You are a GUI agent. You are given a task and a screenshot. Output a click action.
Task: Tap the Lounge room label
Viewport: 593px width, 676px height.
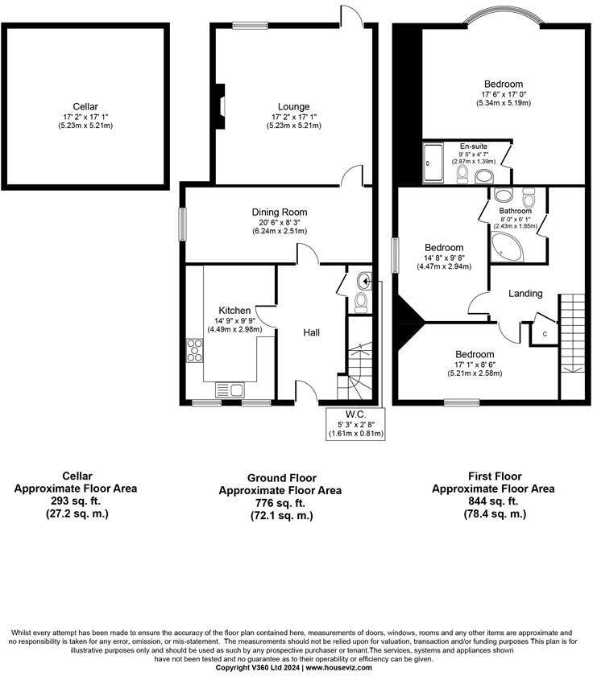pyautogui.click(x=293, y=107)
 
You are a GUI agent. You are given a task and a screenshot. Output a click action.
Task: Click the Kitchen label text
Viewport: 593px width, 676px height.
pyautogui.click(x=234, y=310)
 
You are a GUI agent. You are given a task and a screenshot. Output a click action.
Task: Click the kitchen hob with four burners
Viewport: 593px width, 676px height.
pyautogui.click(x=195, y=350)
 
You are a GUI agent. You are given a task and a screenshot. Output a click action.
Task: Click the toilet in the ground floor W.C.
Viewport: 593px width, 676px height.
pyautogui.click(x=361, y=301)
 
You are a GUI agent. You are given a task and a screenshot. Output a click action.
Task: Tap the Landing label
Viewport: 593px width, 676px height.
pyautogui.click(x=525, y=294)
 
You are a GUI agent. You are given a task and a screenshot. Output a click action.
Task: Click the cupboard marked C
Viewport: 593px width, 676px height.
pyautogui.click(x=545, y=333)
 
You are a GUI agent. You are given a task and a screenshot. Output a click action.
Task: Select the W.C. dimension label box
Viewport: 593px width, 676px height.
pyautogui.click(x=355, y=424)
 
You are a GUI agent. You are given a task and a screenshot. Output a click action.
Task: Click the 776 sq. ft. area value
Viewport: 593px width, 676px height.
pyautogui.click(x=280, y=503)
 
